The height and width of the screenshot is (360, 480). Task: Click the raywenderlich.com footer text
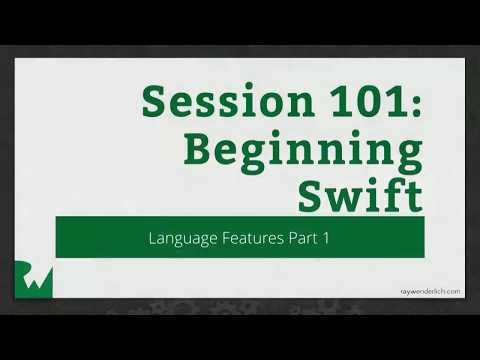(x=426, y=291)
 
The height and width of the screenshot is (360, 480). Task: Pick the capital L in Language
(x=152, y=238)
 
